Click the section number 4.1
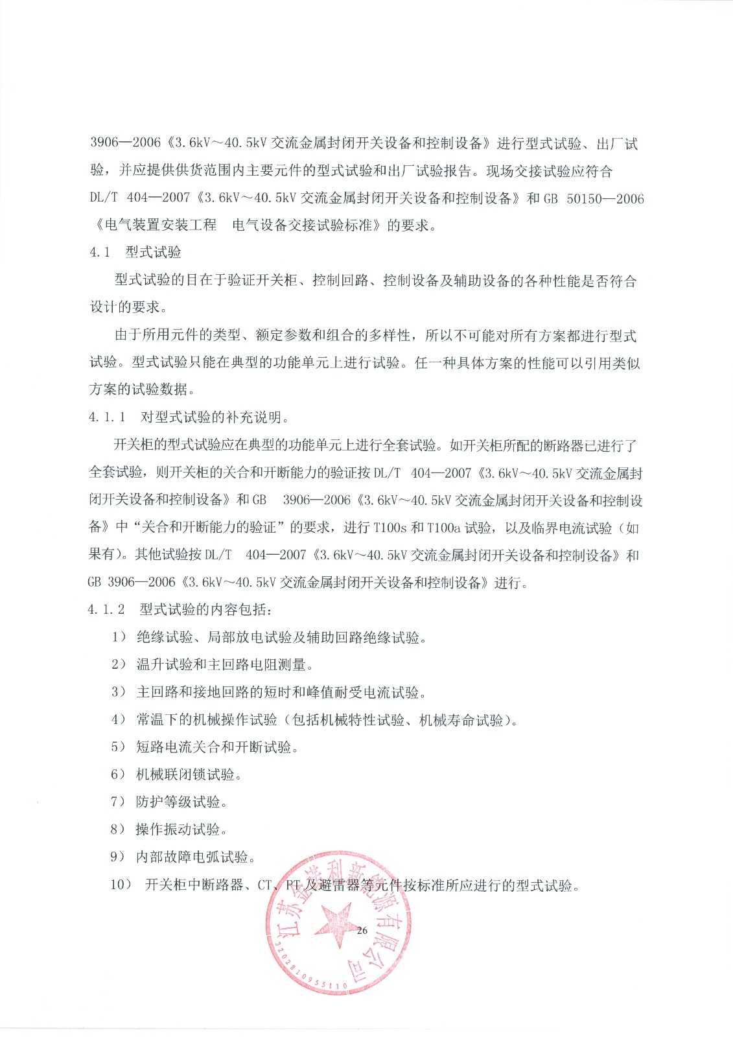tap(100, 252)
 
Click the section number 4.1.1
tap(107, 417)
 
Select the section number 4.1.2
tap(106, 609)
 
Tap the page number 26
tap(362, 930)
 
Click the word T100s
tap(390, 528)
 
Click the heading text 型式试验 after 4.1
tap(154, 252)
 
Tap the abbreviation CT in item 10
tap(265, 885)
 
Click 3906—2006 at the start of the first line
tap(125, 143)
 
